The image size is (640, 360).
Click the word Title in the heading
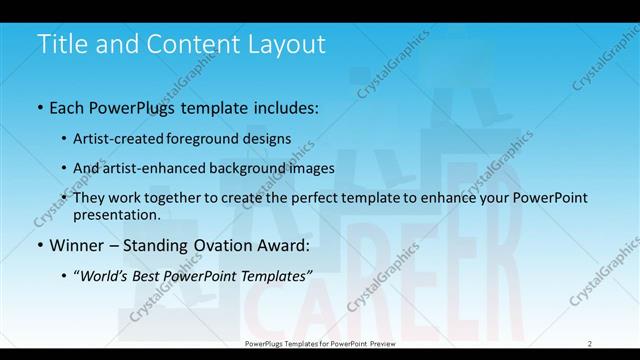click(59, 45)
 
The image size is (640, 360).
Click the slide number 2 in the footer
click(589, 343)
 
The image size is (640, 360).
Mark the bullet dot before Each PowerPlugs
click(39, 107)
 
